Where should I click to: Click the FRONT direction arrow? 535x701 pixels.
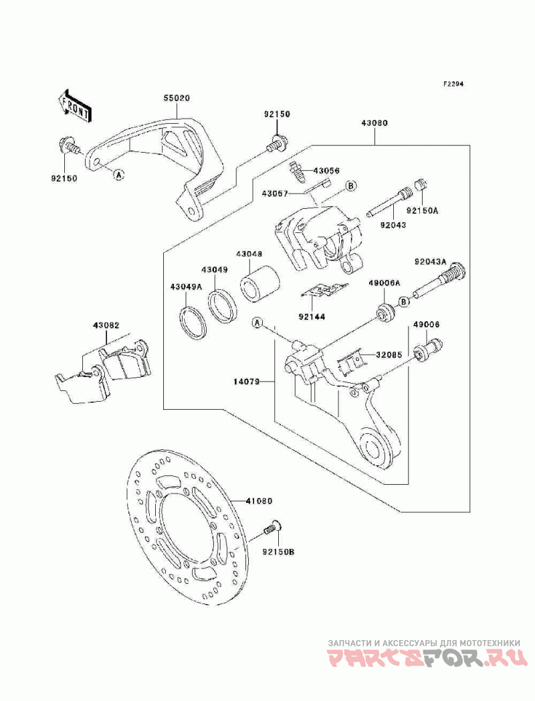click(75, 106)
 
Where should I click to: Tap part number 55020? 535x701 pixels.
click(176, 98)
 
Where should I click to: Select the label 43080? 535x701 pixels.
click(374, 122)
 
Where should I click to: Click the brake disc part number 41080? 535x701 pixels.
click(259, 501)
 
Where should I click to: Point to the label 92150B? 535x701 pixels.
click(278, 552)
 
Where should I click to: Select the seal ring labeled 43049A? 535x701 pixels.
click(193, 321)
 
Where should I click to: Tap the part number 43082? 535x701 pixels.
click(106, 325)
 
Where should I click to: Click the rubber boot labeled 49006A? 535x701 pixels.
click(385, 310)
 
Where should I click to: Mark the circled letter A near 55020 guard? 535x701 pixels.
click(118, 175)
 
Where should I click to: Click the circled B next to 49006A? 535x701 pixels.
click(404, 302)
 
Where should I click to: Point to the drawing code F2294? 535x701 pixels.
click(453, 84)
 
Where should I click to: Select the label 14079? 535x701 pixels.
click(246, 382)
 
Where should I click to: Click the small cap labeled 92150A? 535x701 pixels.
click(423, 185)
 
